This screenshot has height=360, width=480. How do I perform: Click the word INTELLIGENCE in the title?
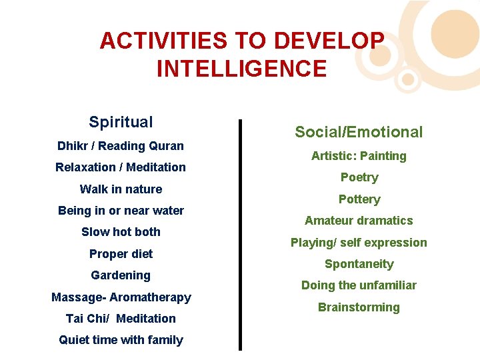(242, 69)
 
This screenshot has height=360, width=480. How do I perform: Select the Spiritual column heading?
(121, 122)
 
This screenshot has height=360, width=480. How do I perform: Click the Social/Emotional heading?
(359, 132)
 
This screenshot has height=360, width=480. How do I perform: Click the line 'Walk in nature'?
(121, 189)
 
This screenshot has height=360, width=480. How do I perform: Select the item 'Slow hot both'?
(121, 232)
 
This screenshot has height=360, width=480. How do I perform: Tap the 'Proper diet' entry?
(121, 253)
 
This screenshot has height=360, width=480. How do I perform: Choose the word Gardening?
(121, 275)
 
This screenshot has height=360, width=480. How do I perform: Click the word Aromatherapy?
(150, 297)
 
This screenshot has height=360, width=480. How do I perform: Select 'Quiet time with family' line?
(121, 340)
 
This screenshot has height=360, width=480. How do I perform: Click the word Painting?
(383, 156)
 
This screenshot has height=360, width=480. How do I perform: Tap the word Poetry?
(359, 177)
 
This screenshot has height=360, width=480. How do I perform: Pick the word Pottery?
(359, 199)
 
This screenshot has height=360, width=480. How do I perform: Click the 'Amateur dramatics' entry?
(359, 221)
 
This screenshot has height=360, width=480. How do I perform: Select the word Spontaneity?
(359, 264)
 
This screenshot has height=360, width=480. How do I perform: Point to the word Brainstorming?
(359, 307)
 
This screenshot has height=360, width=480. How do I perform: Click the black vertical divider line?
(240, 233)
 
